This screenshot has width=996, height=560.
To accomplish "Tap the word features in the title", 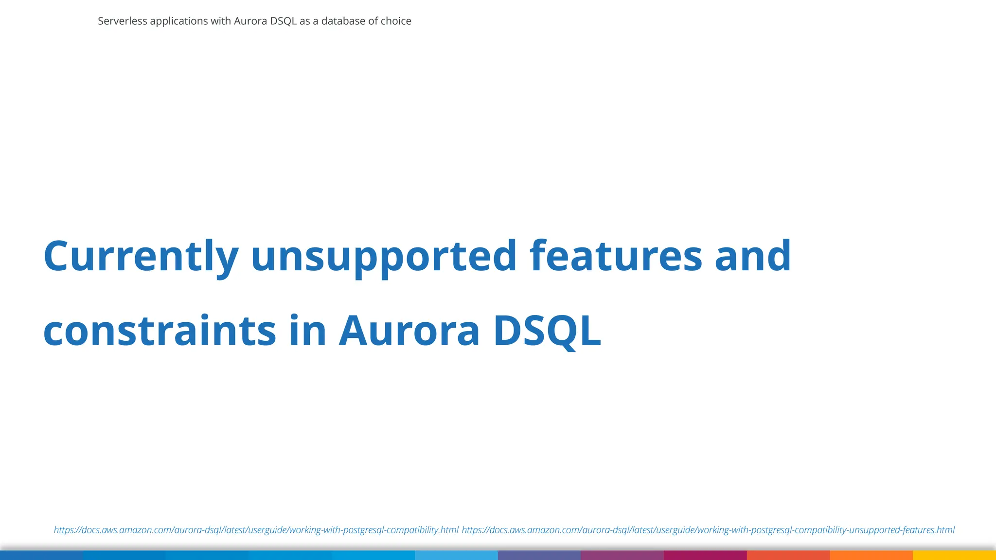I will tap(616, 256).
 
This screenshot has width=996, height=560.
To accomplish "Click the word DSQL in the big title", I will tap(547, 331).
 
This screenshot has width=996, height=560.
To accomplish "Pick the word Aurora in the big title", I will tap(409, 331).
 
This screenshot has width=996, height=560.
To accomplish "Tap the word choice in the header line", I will tap(396, 21).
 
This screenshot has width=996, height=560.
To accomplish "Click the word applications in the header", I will tap(179, 21).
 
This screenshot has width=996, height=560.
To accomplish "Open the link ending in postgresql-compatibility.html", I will tap(256, 530).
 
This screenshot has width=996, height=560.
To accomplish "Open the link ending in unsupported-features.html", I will tap(708, 530).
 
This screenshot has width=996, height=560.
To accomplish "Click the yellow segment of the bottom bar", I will tap(954, 555).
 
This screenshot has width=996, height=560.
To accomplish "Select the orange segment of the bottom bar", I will tap(871, 555).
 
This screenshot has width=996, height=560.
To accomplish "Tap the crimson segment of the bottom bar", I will tap(705, 555).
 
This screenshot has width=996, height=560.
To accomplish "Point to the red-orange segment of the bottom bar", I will tap(788, 555).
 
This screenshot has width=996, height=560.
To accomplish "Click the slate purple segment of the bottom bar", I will tap(539, 555).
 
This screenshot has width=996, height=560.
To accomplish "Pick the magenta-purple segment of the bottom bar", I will tap(622, 555).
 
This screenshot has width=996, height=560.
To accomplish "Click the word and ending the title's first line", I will tap(753, 256).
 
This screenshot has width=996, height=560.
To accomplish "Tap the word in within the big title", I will tap(307, 331).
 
